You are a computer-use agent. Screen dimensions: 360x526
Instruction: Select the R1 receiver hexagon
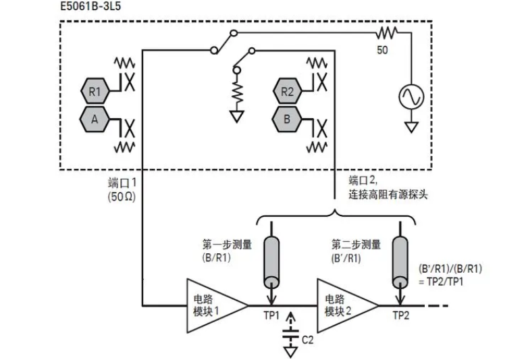tap(95, 90)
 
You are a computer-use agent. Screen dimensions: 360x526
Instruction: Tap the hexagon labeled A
tap(95, 120)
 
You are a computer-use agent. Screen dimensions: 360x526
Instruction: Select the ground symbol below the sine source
tap(410, 126)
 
